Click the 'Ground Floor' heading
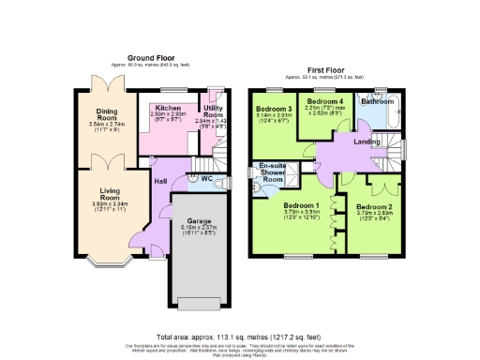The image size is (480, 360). (153, 58)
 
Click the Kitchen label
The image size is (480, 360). (170, 108)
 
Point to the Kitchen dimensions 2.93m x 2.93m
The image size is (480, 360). (170, 115)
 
